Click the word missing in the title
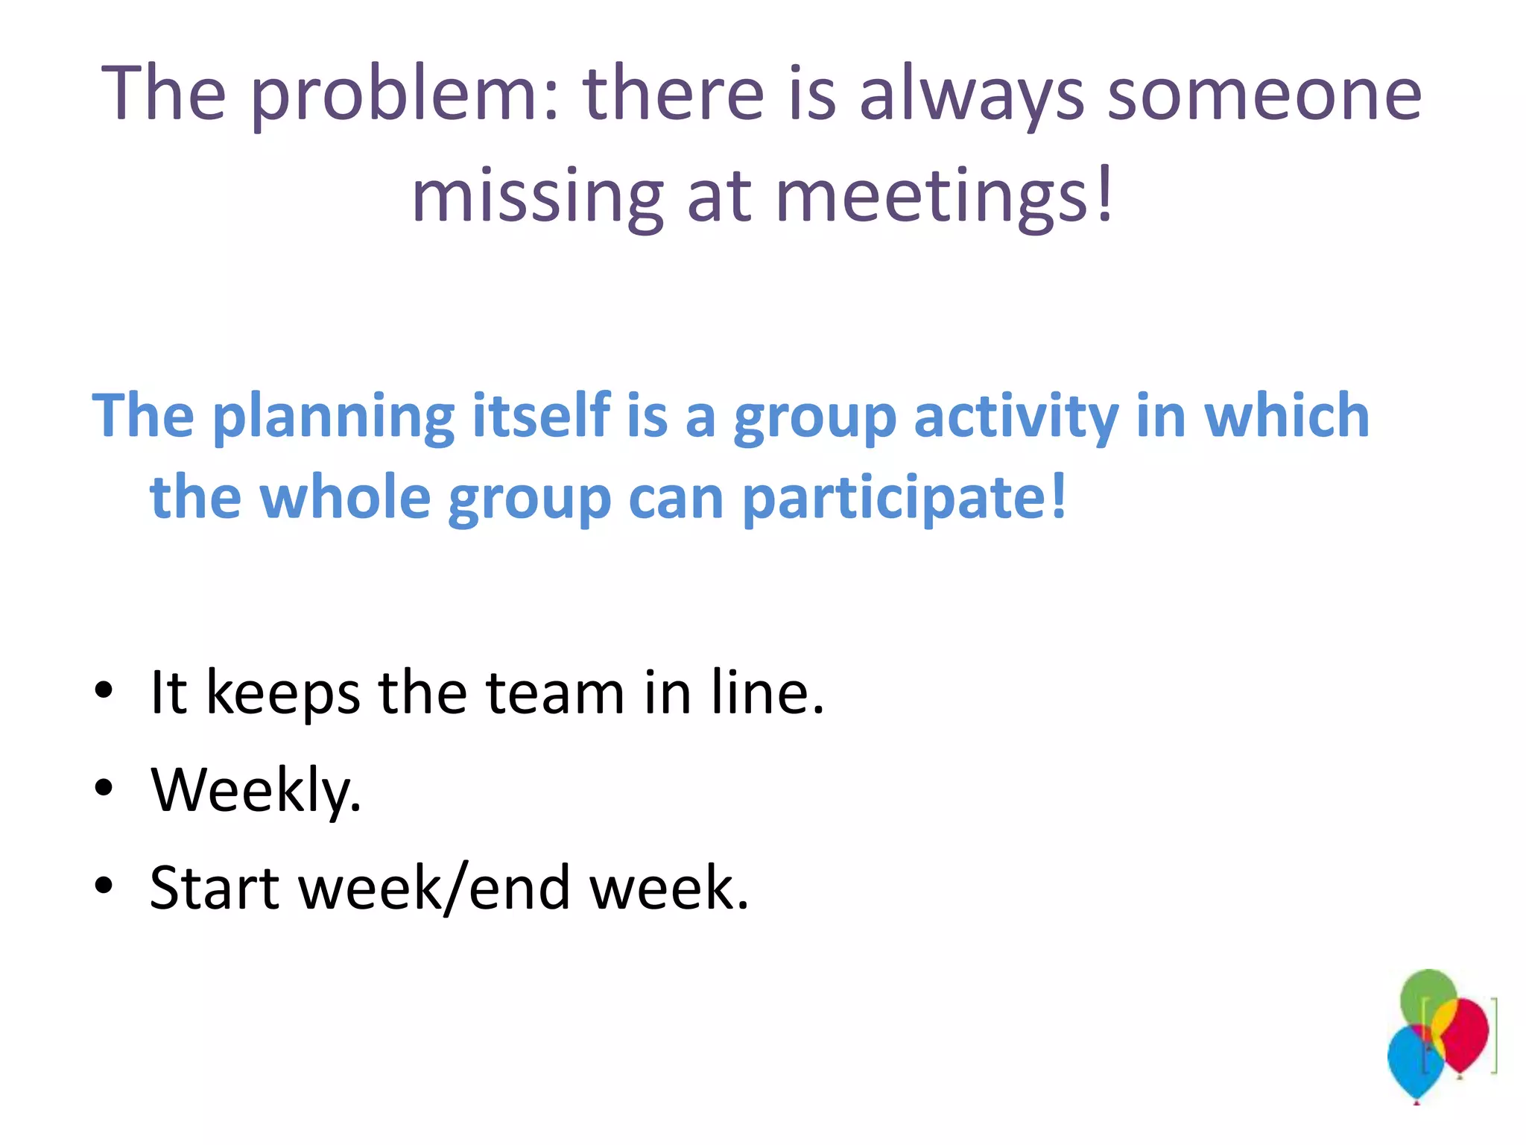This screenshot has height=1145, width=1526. pyautogui.click(x=537, y=196)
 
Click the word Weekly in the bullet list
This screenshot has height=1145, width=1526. pyautogui.click(x=256, y=790)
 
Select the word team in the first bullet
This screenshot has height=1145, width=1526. pyautogui.click(x=555, y=693)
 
